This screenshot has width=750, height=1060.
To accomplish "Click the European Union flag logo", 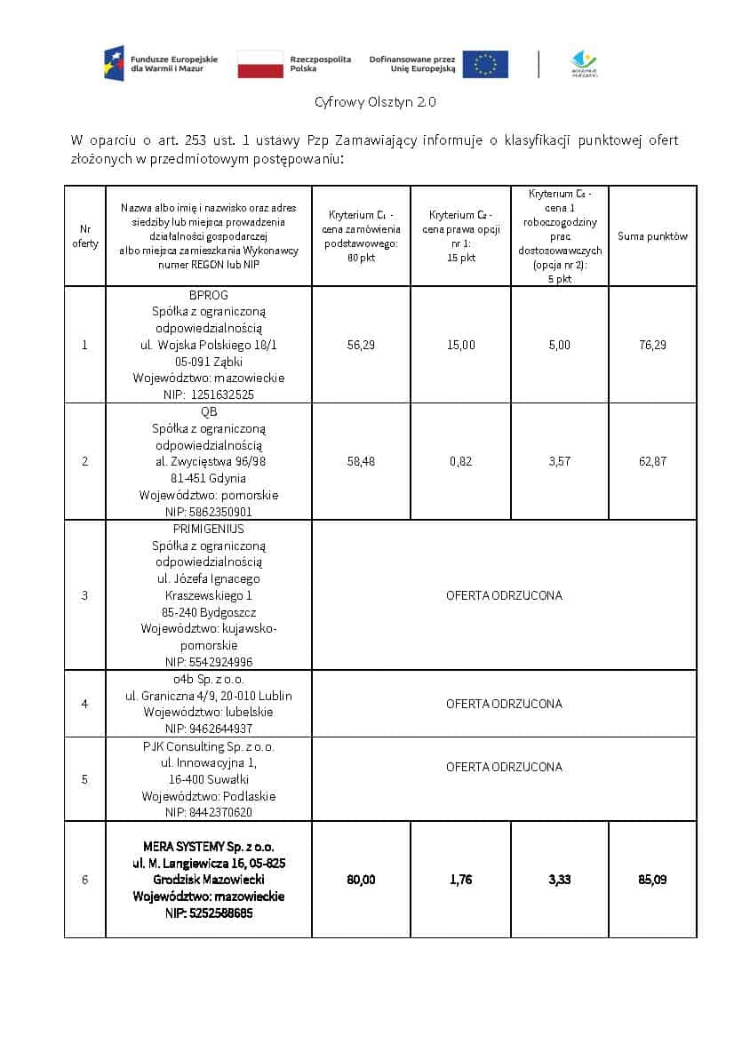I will click(485, 64).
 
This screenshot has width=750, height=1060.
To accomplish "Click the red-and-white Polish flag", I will click(260, 64).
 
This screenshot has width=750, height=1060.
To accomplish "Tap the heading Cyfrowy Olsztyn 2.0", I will click(375, 102).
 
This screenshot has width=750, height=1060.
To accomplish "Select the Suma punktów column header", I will click(652, 236).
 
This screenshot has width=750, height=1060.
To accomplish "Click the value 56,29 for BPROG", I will click(361, 345).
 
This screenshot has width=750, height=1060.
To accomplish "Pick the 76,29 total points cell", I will click(652, 345).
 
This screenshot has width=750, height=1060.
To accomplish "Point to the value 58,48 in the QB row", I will click(361, 461).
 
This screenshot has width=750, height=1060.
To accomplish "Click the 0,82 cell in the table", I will click(460, 461).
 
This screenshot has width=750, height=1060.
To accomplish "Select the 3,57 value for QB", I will click(559, 461).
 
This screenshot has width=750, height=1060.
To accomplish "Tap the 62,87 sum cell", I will click(652, 461).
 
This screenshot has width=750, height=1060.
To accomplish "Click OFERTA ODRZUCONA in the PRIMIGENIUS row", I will click(504, 595).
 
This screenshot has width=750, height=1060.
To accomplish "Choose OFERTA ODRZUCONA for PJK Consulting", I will click(504, 767).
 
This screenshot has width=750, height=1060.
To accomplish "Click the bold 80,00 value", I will click(361, 880).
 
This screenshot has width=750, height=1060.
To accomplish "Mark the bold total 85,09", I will click(652, 880).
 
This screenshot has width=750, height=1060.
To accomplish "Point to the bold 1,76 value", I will click(460, 880).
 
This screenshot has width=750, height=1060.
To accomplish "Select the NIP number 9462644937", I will click(209, 729).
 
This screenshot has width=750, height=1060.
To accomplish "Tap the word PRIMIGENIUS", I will click(209, 529).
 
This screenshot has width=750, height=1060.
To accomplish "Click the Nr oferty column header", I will click(85, 236).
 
